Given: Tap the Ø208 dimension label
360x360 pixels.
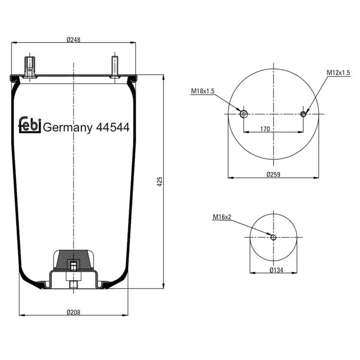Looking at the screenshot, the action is coord(73,312).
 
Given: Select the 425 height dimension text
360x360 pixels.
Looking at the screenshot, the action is coord(160,181).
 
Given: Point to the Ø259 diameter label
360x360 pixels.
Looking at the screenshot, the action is coord(274,175).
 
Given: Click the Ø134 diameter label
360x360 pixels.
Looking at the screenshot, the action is coord(276,270).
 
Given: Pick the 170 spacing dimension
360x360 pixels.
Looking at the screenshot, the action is coord(265,129).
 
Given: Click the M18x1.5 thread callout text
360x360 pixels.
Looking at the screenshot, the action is coord(203,91).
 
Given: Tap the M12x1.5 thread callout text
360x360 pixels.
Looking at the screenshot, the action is coord(338,73).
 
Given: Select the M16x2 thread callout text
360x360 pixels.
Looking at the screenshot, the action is coord(222,217).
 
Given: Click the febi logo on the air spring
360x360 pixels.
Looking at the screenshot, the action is coord(30,125).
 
